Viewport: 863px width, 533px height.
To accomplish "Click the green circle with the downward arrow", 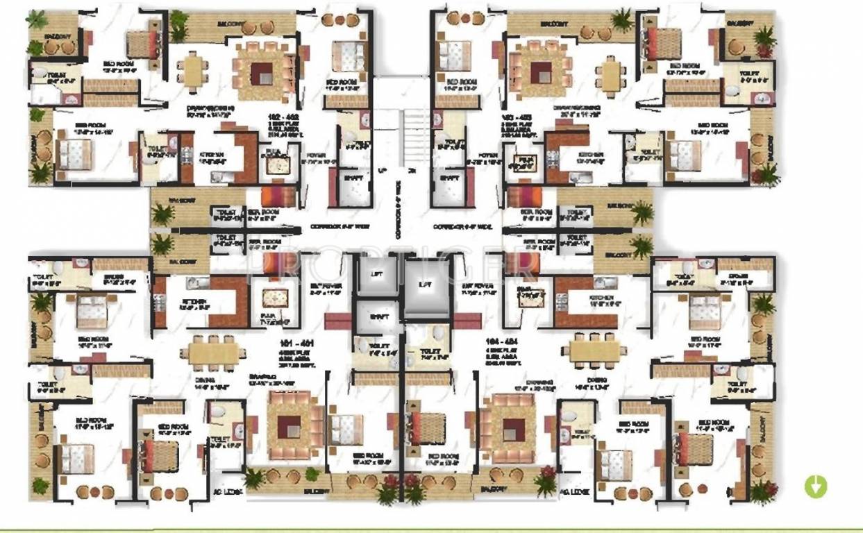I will (x=816, y=487).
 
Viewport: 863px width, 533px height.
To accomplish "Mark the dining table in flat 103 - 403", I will (x=611, y=74).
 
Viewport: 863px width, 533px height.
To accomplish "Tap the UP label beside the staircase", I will (x=383, y=169).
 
